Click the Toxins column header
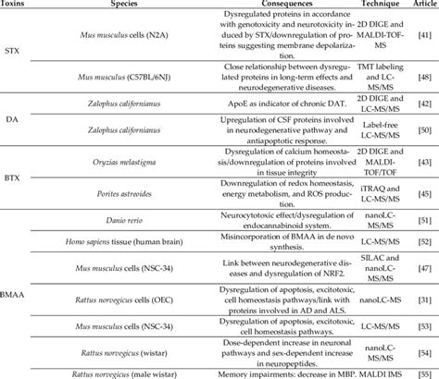[x=16, y=6]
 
